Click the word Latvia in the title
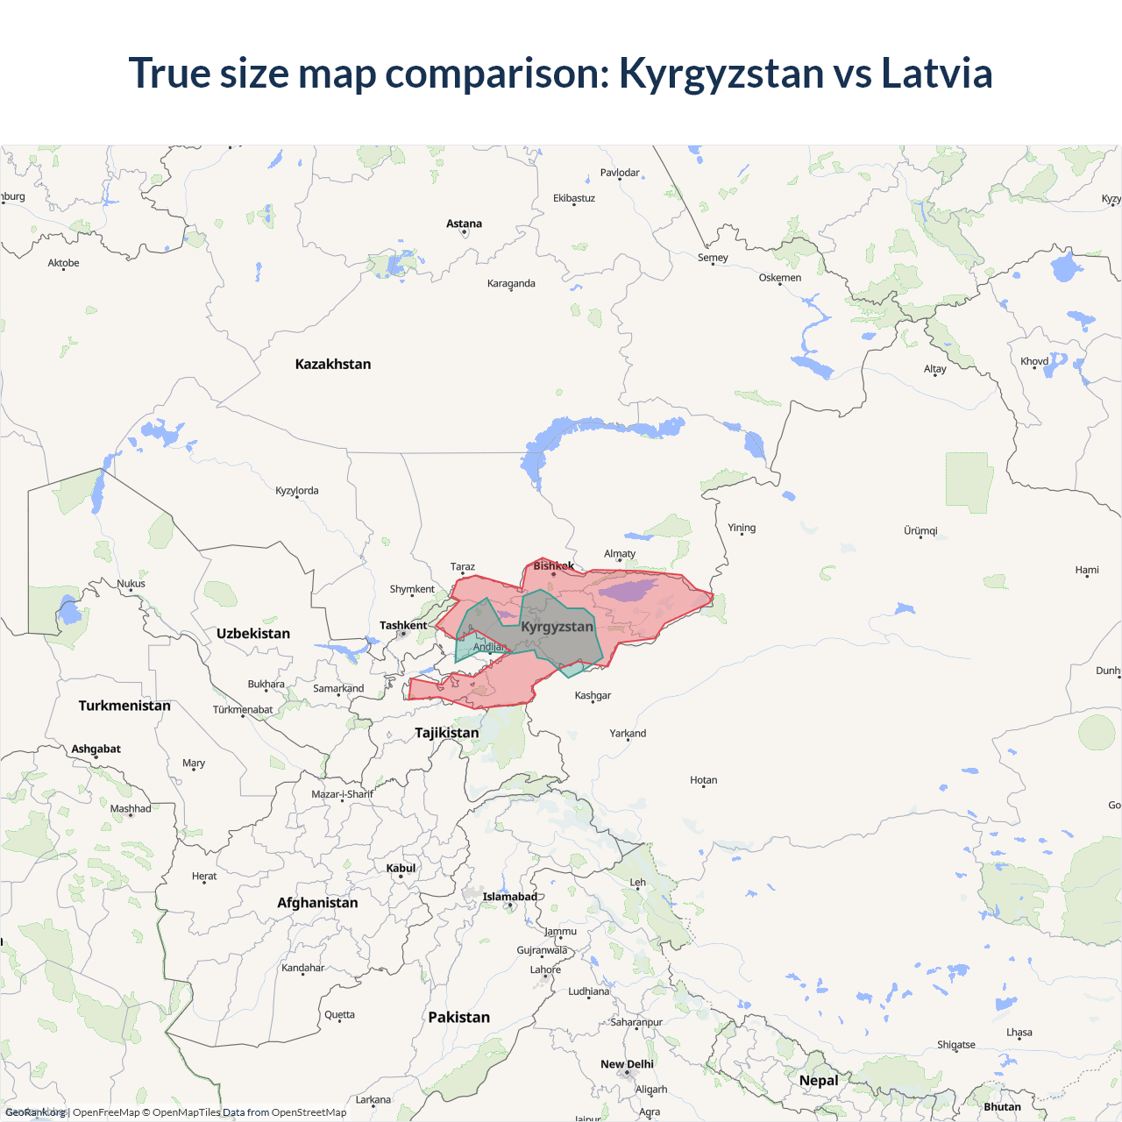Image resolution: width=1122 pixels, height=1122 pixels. (936, 74)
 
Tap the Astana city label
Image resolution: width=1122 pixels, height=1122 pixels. (464, 224)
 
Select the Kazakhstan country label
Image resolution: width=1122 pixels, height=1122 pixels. (333, 365)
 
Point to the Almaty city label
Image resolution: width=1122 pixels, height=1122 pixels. (620, 554)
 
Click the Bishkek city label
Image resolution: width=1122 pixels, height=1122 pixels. (554, 566)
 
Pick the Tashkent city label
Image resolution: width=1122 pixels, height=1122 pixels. (403, 626)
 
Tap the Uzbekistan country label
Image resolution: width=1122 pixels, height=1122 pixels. (253, 634)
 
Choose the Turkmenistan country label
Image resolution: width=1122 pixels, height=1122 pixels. (124, 706)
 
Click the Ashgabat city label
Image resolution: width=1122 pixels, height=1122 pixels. (96, 749)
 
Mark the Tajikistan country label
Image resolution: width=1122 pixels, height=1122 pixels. (447, 733)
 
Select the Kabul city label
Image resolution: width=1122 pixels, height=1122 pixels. (401, 869)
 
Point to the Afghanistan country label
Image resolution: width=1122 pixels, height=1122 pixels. (317, 903)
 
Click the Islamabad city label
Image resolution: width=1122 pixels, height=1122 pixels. (510, 897)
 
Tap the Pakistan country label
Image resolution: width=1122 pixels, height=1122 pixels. (459, 1018)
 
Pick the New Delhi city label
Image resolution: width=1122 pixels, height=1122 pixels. (627, 1064)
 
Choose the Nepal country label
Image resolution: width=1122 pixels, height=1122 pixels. (819, 1081)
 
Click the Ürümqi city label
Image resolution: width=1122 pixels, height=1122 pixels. (920, 531)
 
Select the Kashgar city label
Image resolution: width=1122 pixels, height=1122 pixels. (593, 696)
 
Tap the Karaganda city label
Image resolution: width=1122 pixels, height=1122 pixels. (511, 284)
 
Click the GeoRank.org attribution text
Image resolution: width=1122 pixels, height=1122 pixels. (35, 1112)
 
